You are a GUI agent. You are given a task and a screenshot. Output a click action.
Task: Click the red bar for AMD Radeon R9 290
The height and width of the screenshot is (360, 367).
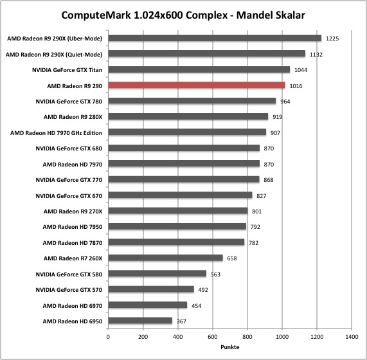[197, 85]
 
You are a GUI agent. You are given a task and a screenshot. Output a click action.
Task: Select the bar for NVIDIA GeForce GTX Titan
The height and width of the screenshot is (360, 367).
[199, 69]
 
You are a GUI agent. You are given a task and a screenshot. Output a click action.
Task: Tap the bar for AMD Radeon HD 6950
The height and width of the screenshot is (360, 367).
[140, 320]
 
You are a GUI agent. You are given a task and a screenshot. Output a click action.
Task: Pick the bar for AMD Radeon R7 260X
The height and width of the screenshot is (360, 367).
[165, 258]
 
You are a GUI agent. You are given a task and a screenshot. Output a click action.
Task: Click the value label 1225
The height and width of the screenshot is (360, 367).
[332, 39]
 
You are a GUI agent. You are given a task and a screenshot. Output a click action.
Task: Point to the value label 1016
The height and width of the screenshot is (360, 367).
[296, 86]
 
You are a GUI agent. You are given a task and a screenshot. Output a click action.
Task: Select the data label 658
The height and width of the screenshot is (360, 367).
[232, 258]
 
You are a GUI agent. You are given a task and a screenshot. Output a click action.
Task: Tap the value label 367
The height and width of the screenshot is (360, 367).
[181, 321]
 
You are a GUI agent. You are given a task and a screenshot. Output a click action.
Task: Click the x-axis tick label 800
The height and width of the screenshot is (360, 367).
[247, 337]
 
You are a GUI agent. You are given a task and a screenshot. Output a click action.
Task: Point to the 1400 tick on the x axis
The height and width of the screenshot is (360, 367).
[352, 337]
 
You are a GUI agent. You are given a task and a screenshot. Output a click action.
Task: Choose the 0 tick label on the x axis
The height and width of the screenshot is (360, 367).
[108, 337]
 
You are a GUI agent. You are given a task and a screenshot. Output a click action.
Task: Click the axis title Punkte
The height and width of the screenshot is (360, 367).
[230, 347]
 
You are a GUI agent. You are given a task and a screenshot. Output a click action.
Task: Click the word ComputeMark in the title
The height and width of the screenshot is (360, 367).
[96, 15]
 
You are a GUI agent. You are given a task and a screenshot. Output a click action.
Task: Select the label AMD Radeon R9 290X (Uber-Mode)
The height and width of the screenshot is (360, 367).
[55, 39]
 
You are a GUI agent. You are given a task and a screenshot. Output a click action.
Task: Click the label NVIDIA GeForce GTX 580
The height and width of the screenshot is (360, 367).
[69, 274]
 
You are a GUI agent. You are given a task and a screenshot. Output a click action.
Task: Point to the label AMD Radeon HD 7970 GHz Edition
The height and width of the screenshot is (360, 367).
[56, 133]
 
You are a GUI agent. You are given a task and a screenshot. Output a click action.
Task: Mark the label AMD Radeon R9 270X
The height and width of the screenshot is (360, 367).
[73, 212]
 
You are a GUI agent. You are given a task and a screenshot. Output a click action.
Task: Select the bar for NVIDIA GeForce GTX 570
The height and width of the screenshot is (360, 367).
[151, 289]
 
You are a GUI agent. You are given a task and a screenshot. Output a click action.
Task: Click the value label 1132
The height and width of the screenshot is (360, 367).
[316, 55]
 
